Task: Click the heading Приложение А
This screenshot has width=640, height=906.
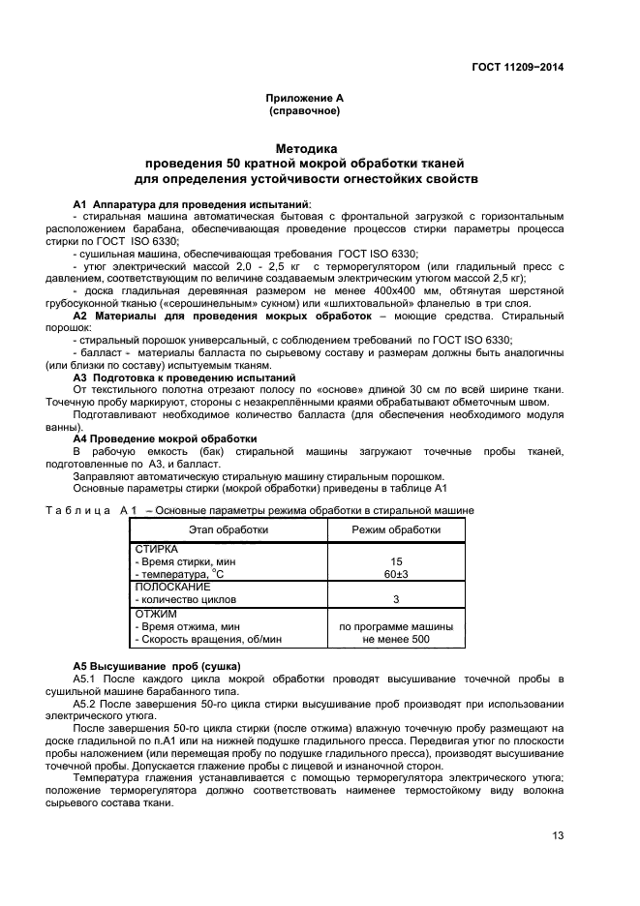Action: [304, 99]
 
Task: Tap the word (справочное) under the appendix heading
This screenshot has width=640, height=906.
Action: [304, 111]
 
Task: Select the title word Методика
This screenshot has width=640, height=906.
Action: [306, 149]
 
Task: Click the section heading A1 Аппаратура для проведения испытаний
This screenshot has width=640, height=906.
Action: [192, 204]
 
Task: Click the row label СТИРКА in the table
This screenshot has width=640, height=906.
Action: [156, 549]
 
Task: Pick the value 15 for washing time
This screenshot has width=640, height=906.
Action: [395, 561]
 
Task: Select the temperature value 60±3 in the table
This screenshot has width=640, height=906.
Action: [395, 574]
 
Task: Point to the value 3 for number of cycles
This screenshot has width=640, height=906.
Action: [395, 599]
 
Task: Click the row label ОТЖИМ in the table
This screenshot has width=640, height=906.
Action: [153, 613]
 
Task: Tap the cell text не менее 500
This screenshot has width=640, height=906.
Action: [395, 639]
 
